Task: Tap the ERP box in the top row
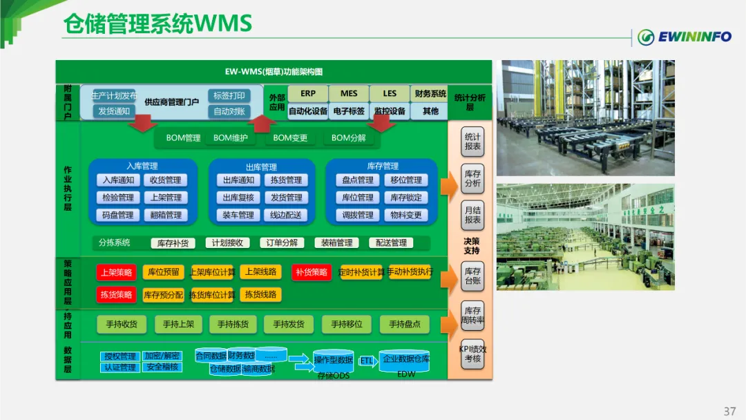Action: [x=308, y=93]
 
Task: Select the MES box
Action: [x=349, y=93]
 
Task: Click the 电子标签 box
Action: [x=349, y=111]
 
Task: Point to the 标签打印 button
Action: [x=229, y=96]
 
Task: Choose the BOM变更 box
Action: [x=290, y=138]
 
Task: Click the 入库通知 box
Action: [x=117, y=180]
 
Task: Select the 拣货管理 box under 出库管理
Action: [x=286, y=180]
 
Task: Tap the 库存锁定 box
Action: [x=405, y=198]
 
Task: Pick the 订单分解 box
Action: [x=283, y=243]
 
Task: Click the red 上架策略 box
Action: [x=116, y=272]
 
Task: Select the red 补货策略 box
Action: [x=311, y=272]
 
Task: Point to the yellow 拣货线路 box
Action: [x=260, y=295]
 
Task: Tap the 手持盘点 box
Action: [x=405, y=325]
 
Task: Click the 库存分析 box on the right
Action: [x=472, y=179]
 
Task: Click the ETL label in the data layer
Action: [x=366, y=361]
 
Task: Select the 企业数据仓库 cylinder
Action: [x=406, y=359]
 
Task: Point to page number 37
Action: [x=729, y=411]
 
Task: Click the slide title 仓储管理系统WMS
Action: [x=157, y=24]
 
